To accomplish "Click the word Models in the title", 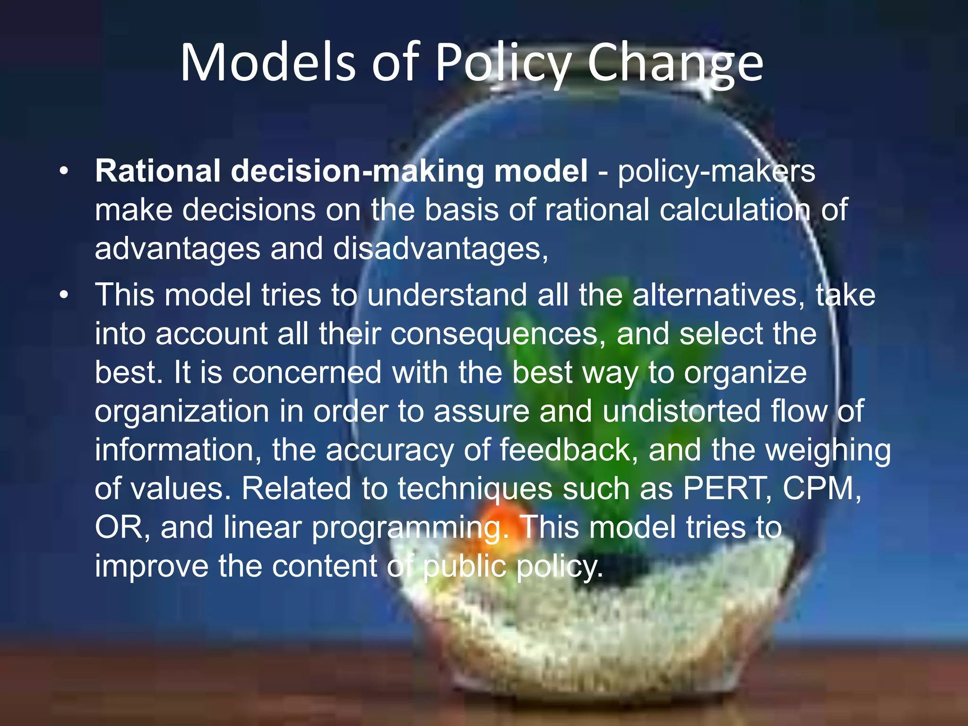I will [267, 63].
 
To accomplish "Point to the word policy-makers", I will [717, 171].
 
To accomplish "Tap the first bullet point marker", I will [64, 171].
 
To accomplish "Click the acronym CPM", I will [821, 488].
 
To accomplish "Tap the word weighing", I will [828, 450].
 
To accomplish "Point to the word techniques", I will [475, 489].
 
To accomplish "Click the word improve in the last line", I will [151, 566].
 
